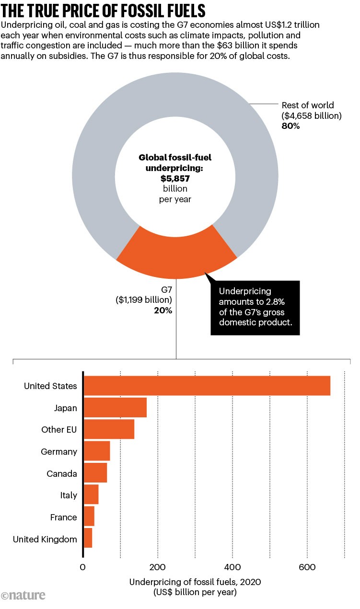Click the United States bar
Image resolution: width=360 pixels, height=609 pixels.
tap(207, 386)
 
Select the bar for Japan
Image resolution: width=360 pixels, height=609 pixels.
tap(115, 408)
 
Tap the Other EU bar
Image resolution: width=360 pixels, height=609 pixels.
tap(109, 429)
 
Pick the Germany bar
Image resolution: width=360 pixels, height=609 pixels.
tap(96, 451)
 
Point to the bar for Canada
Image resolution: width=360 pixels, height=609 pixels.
tap(95, 473)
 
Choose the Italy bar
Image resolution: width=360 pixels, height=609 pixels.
tap(91, 495)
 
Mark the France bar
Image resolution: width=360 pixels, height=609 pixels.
tap(89, 517)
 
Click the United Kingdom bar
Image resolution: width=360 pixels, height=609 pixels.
tap(87, 539)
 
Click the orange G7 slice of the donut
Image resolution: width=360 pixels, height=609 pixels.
tap(176, 256)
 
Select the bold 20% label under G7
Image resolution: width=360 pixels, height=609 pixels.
tap(163, 310)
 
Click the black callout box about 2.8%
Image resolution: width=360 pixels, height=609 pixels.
tap(255, 308)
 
